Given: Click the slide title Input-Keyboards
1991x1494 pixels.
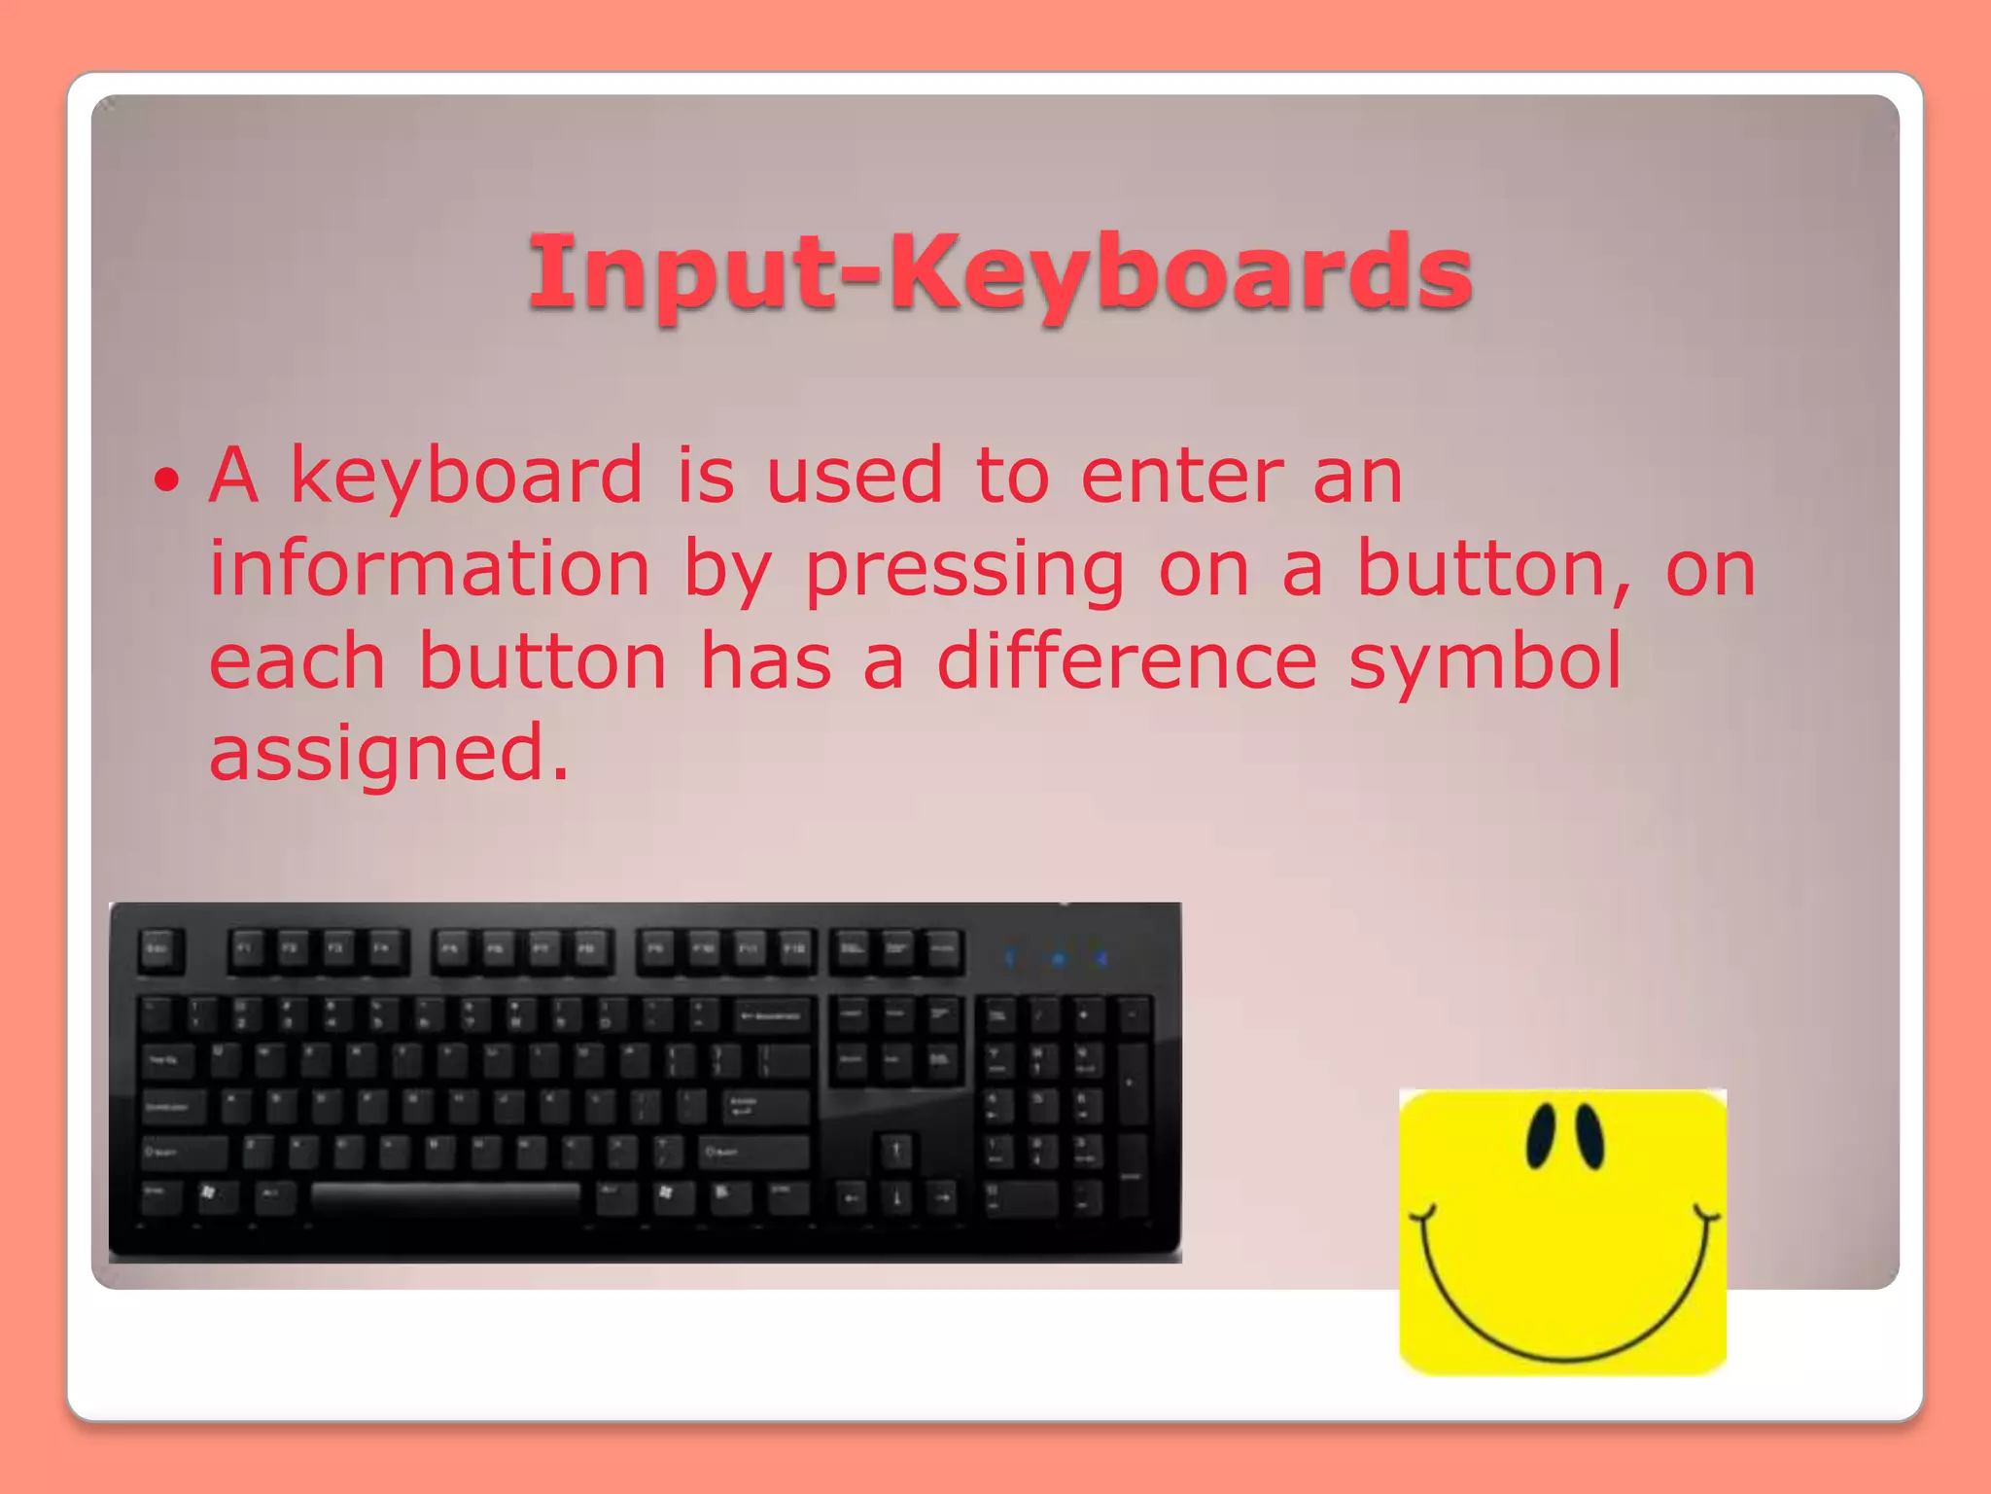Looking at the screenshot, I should [999, 274].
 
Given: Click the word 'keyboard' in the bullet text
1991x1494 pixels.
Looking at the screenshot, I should [467, 477].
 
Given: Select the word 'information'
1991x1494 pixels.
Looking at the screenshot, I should [430, 569].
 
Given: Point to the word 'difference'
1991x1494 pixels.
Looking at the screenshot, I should [1127, 661].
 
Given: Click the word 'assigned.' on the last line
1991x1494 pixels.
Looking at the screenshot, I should [389, 754].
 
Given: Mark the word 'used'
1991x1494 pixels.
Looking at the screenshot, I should [855, 477].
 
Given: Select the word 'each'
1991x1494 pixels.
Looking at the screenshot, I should [297, 661].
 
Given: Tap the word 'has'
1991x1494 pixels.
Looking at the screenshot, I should [766, 661].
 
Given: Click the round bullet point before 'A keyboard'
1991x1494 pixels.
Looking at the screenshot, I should [167, 479].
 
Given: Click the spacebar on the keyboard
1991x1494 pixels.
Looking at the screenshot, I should [445, 1195].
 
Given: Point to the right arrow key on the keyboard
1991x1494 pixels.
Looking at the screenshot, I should [942, 1197].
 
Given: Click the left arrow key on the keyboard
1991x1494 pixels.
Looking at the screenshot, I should [852, 1197].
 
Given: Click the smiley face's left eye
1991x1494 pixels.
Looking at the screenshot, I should [1541, 1135].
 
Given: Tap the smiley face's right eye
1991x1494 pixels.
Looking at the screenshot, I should [1588, 1135].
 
